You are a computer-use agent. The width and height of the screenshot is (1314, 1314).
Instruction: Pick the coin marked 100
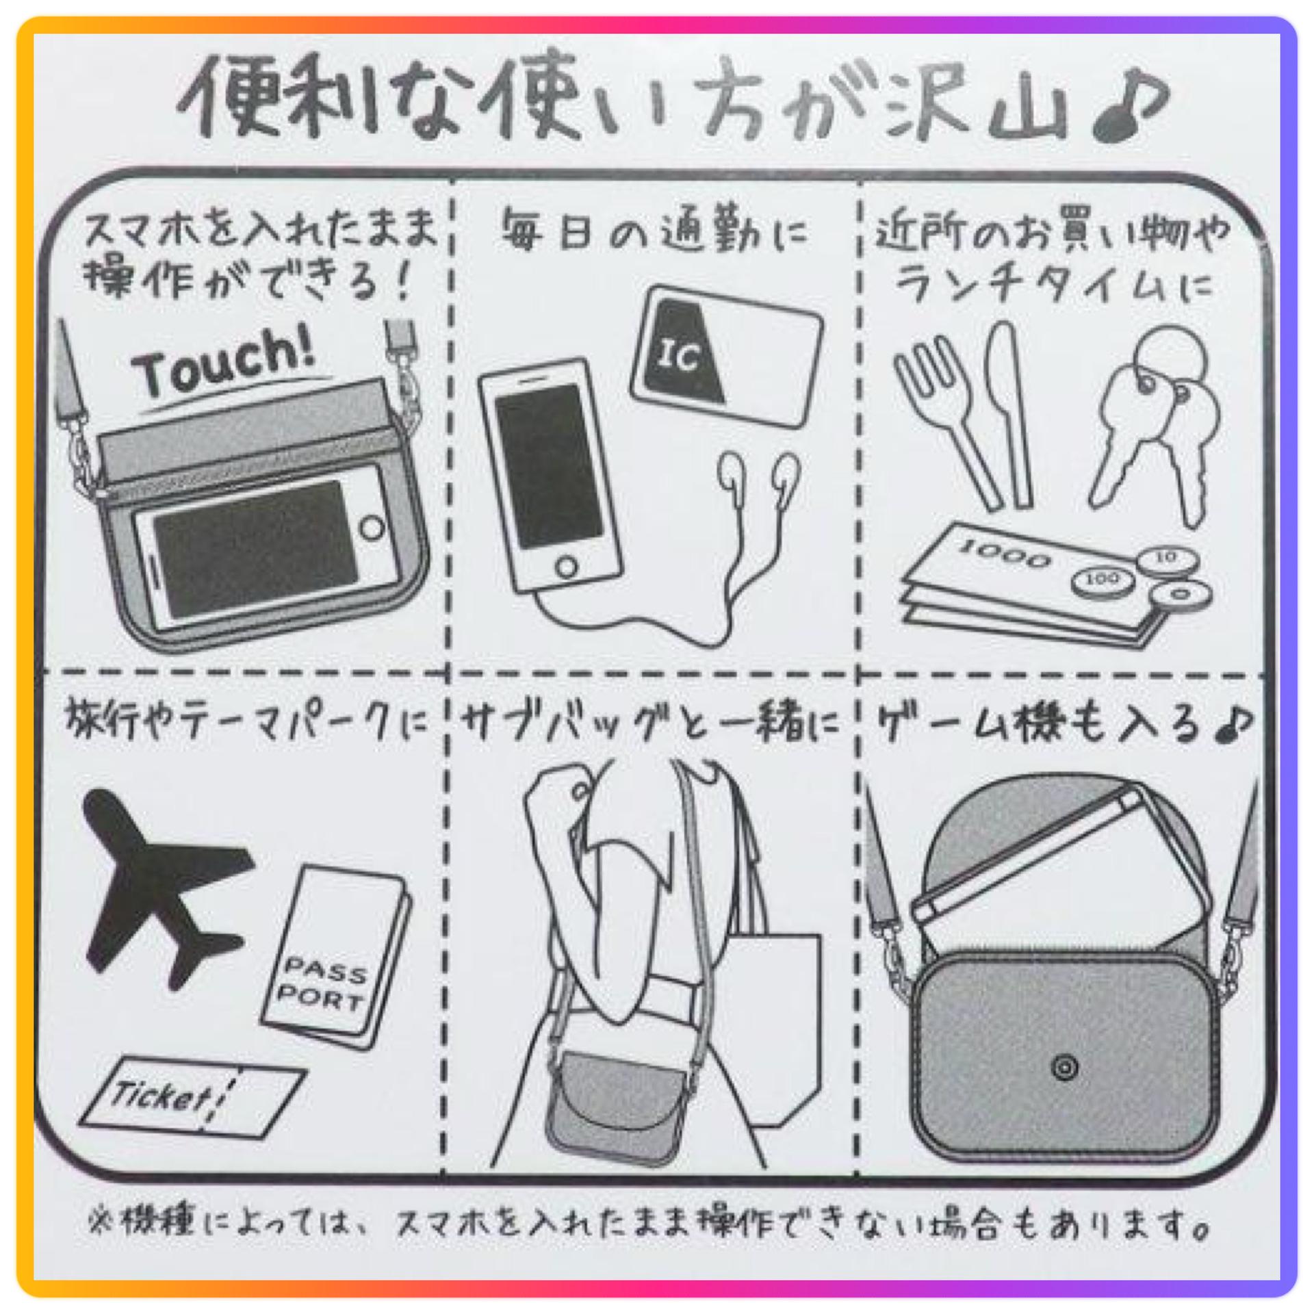(1103, 580)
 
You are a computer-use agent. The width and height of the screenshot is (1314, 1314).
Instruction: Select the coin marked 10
(1166, 560)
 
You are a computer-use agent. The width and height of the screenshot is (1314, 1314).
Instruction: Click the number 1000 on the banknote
(1005, 554)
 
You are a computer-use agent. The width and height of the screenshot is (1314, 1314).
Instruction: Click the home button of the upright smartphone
(566, 567)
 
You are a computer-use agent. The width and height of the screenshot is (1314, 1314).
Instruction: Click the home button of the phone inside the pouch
(372, 528)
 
